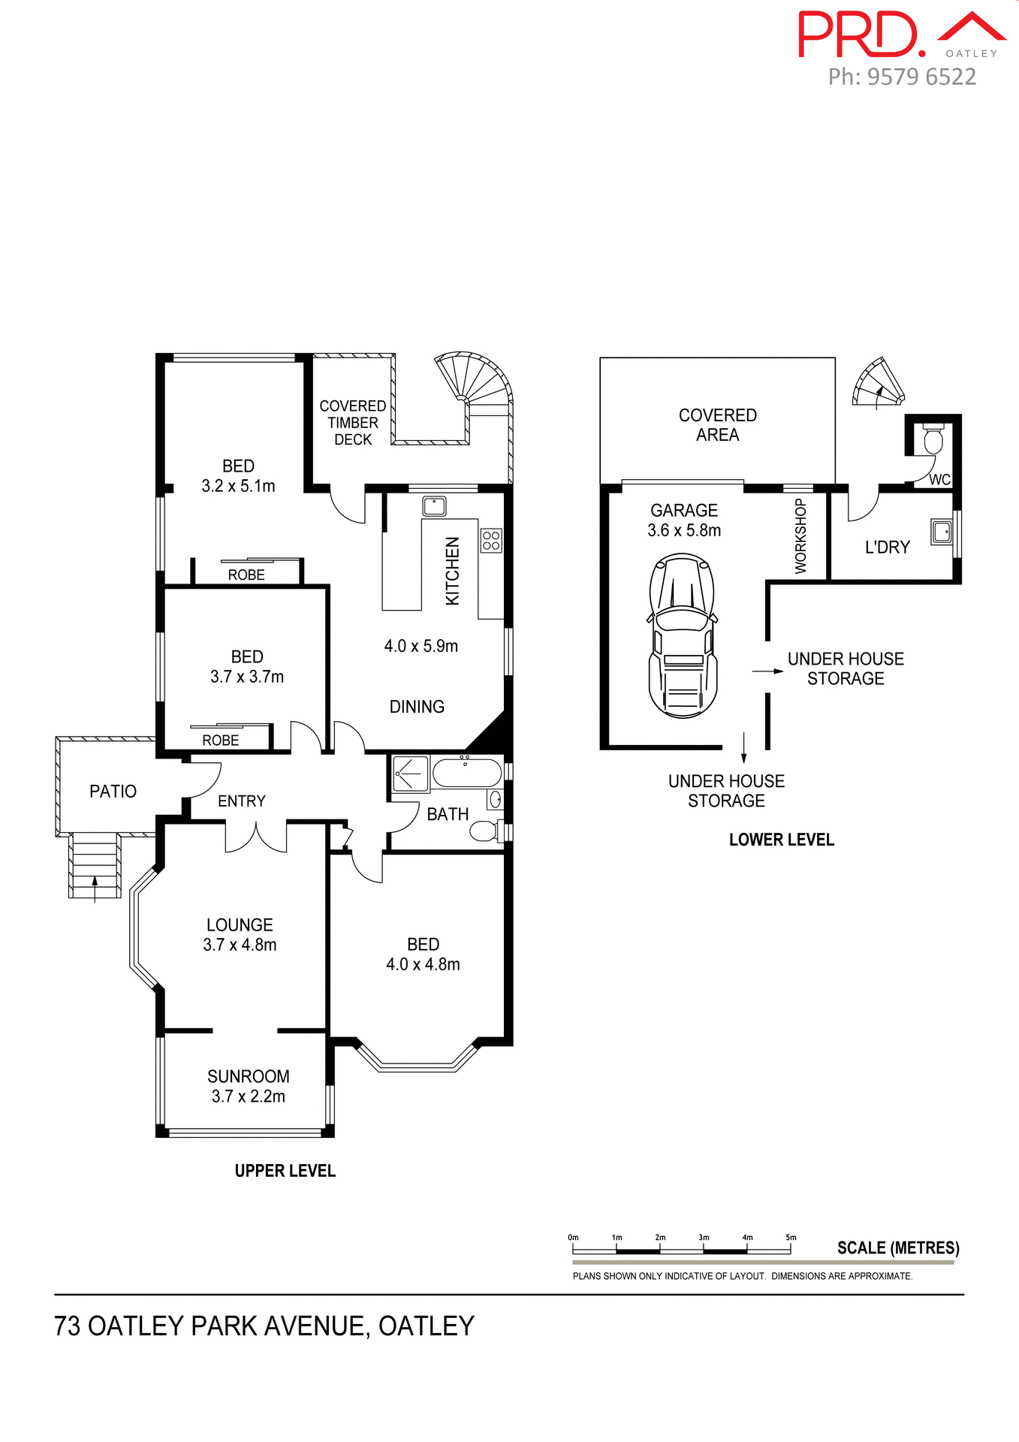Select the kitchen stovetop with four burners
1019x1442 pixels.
click(491, 541)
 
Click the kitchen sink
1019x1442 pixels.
click(434, 506)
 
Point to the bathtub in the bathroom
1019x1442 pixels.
click(466, 774)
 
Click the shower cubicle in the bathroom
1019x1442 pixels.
click(410, 774)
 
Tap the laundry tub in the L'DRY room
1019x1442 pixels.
click(941, 532)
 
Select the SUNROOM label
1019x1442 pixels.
click(248, 1076)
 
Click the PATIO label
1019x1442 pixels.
click(113, 791)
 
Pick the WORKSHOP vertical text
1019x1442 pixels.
click(800, 536)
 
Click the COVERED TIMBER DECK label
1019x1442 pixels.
click(352, 422)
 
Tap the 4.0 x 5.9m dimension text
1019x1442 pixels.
click(421, 646)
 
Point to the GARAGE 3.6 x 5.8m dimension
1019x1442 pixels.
click(684, 530)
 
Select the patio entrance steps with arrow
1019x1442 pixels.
click(95, 867)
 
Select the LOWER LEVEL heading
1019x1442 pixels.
click(781, 840)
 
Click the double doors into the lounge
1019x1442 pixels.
click(256, 837)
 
